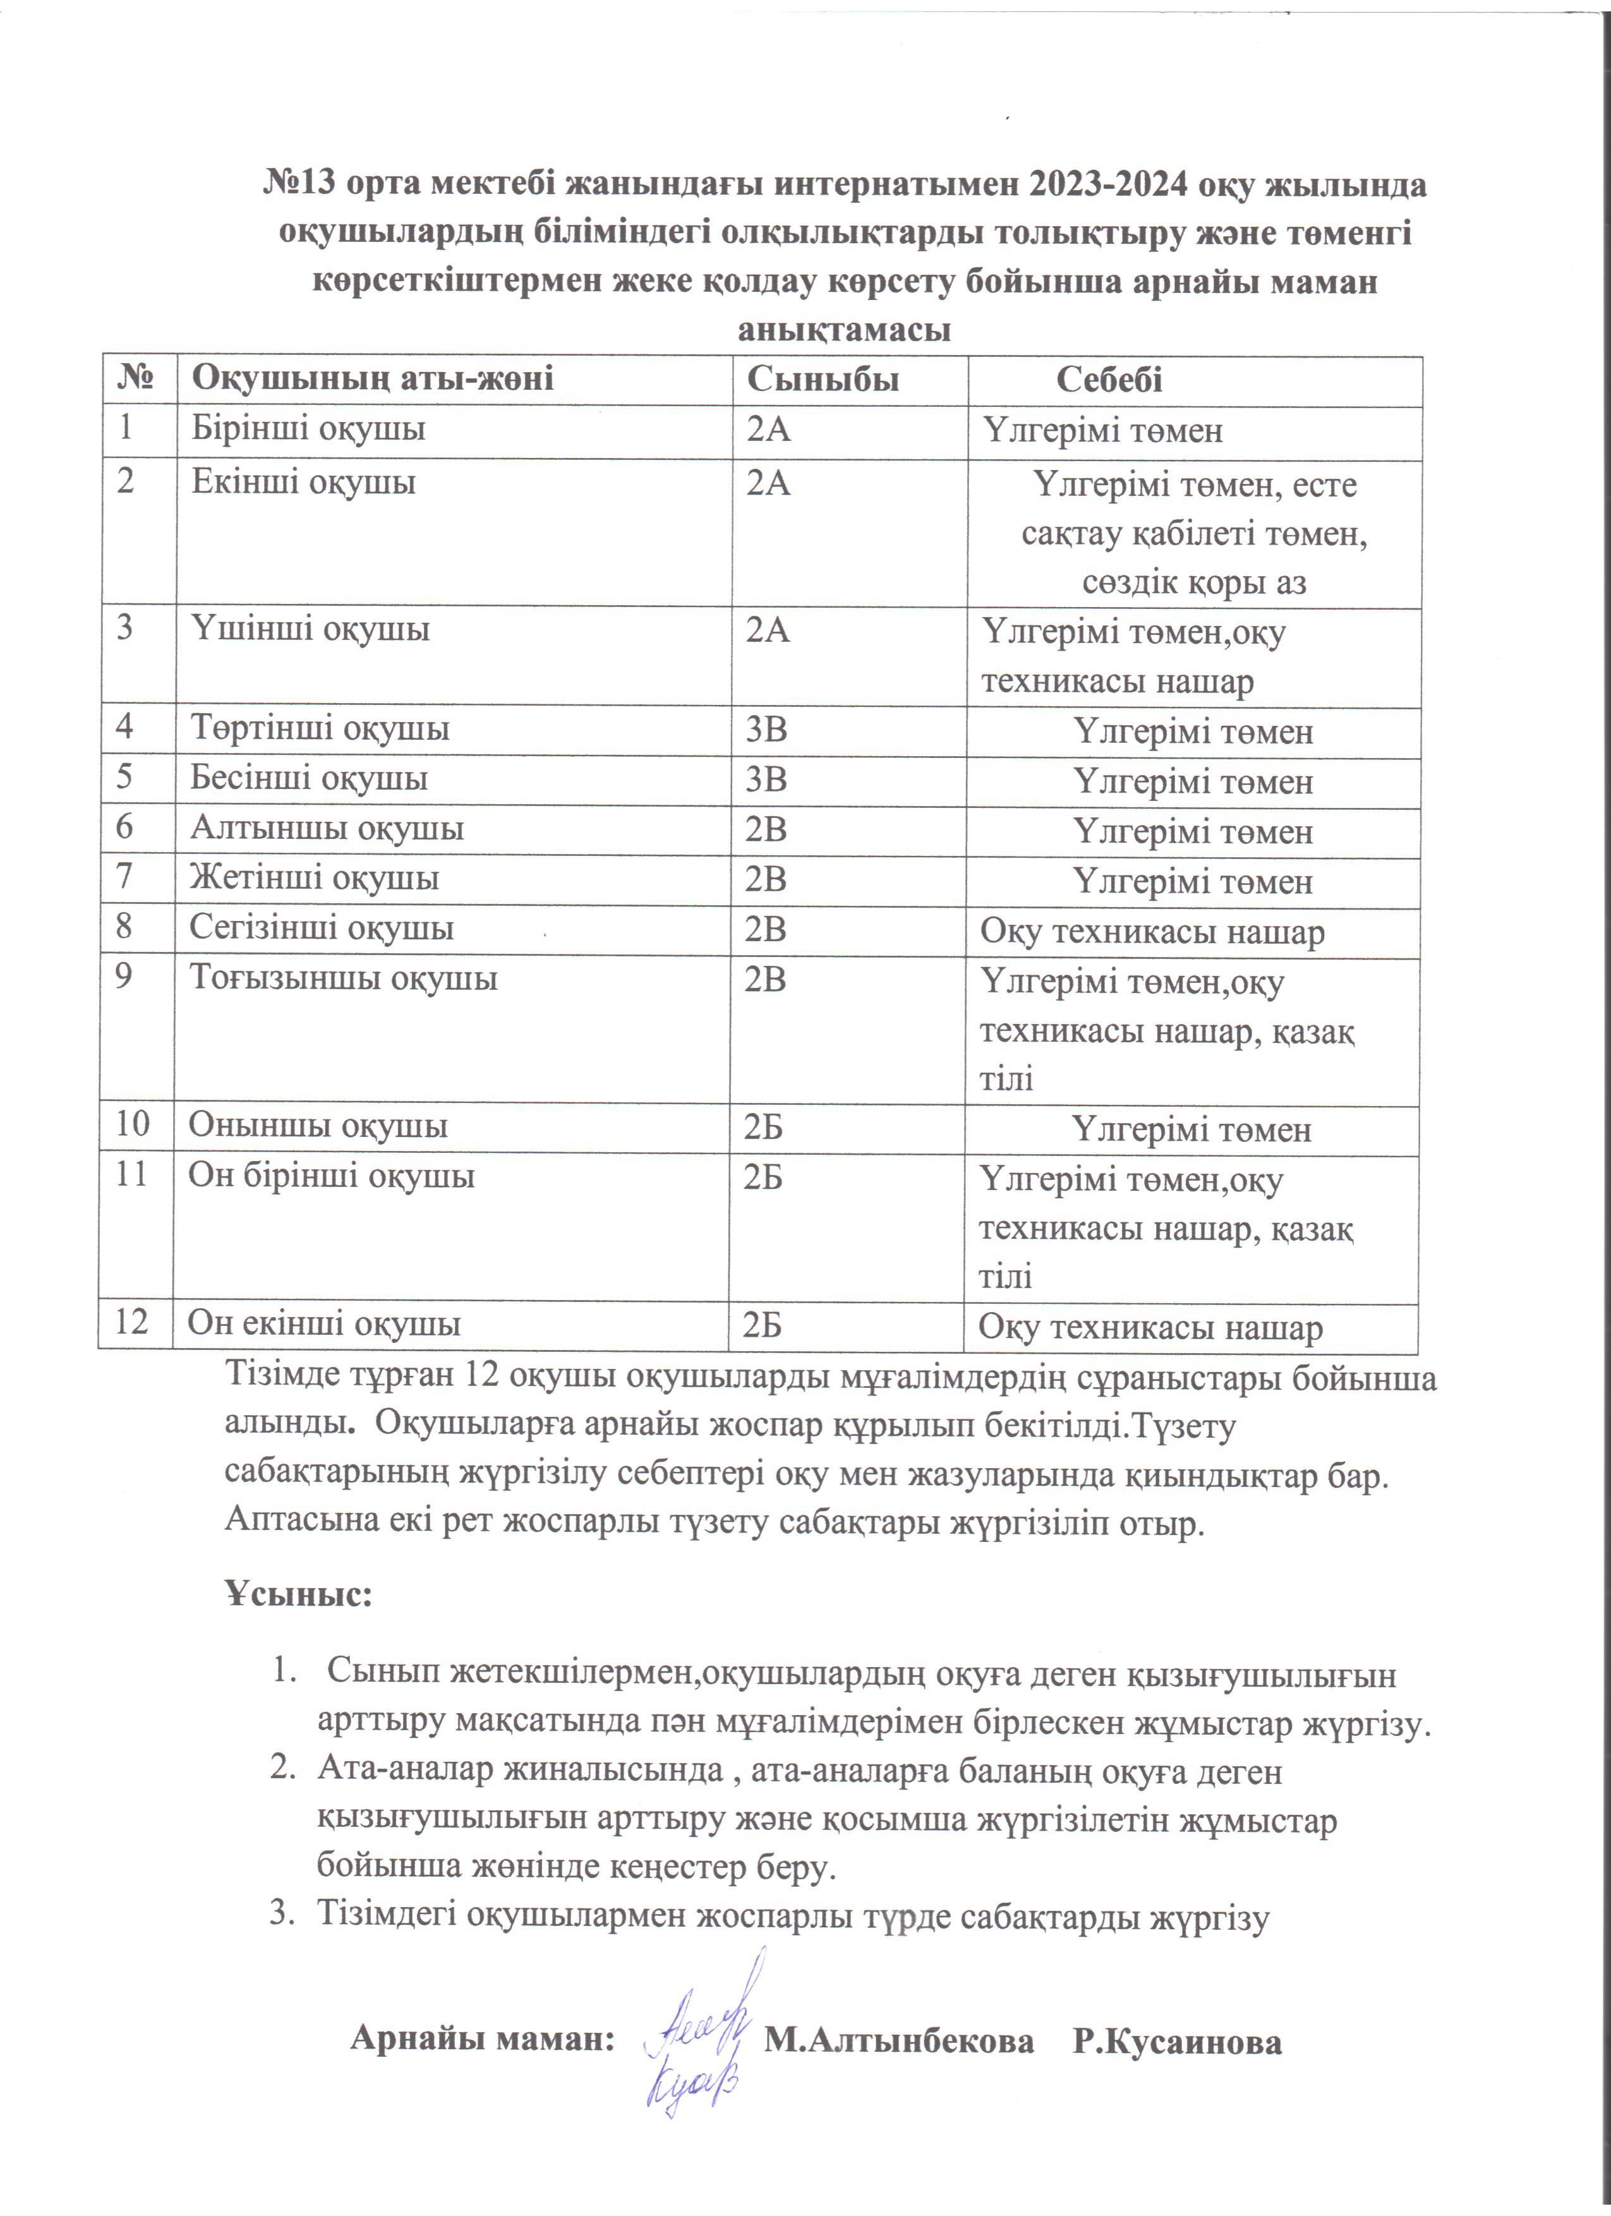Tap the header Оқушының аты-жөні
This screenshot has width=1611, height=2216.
tap(372, 379)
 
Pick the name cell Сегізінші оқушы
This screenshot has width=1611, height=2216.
tap(322, 927)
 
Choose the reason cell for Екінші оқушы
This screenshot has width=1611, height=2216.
tap(1194, 534)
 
